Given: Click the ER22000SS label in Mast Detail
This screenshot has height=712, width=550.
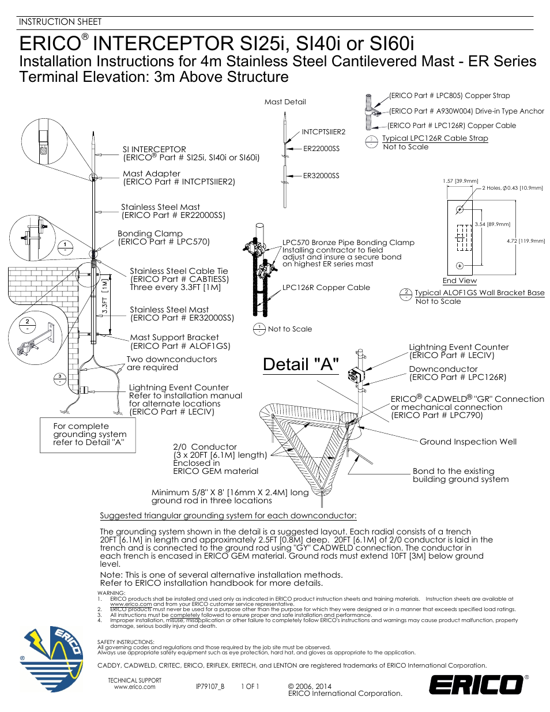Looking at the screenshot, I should pos(321,149).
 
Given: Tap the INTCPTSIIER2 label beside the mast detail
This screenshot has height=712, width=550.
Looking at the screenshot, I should pos(323,132).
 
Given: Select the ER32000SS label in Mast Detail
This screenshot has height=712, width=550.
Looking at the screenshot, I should pos(321,176).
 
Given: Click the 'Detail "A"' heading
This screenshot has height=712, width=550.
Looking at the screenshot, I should pos(300,364).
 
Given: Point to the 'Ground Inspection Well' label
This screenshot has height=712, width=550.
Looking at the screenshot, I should pos(468,442).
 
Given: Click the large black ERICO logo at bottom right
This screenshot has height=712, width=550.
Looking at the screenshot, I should pos(476,684).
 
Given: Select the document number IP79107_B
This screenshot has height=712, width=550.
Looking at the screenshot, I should pos(210,687).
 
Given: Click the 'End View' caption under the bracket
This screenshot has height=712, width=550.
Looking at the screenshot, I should pos(459,281).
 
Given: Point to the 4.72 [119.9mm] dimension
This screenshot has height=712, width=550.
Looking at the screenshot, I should pos(526,241).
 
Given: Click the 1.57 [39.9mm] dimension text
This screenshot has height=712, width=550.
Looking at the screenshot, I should pos(461,181).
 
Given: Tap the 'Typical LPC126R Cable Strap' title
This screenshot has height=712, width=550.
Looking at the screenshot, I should pos(435,138).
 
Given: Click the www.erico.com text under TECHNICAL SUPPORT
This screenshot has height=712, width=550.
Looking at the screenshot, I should pos(134,687).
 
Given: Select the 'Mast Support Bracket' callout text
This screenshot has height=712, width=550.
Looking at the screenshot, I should pos(174,337).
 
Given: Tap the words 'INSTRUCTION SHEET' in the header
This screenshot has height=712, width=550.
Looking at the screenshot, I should pos(60,22).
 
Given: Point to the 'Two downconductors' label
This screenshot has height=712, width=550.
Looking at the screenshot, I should pos(172,359).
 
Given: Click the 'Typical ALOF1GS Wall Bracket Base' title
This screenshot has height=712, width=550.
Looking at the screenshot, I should pos(479,293).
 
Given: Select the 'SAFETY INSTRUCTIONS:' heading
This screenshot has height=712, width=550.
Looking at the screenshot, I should pos(126,642).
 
